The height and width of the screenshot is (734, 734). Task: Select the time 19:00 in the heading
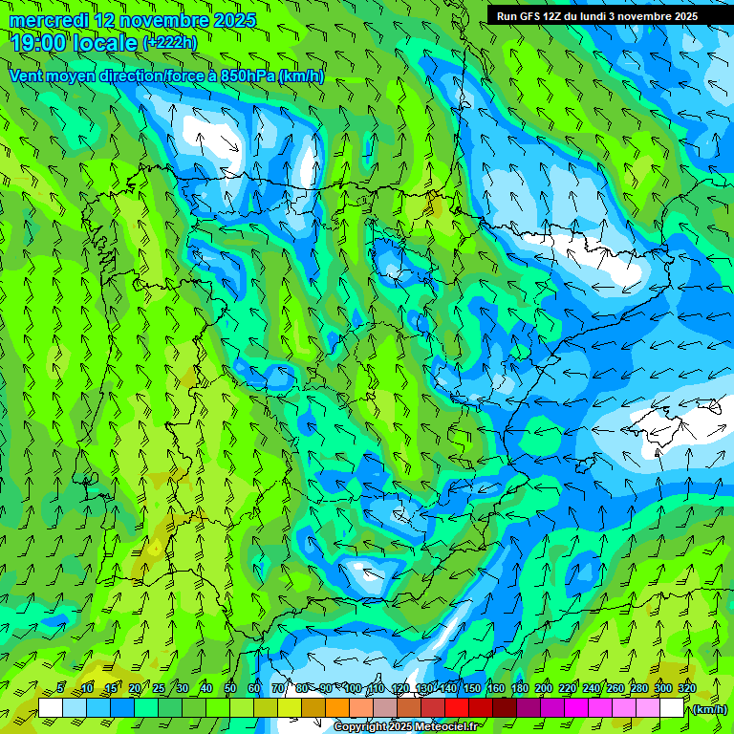coord(38,42)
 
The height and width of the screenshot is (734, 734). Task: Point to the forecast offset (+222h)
coord(169,42)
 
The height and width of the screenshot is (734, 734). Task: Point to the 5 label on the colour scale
coord(61,688)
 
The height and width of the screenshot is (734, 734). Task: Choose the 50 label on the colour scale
coord(230,688)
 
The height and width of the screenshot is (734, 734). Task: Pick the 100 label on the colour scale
coord(353,688)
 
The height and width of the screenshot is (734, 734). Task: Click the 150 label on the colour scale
coord(472,688)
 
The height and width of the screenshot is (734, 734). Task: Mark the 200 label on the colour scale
coord(544,688)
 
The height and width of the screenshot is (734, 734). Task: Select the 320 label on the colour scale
coord(687,688)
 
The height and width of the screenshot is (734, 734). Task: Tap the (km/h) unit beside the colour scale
coord(710,708)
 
